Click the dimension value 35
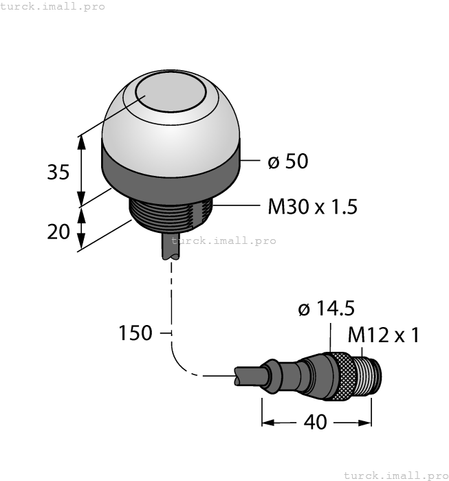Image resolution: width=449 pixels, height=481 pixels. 58,172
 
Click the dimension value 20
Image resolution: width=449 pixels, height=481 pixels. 58,232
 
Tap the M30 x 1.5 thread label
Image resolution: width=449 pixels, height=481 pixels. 312,206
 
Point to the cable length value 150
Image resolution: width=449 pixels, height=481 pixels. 135,333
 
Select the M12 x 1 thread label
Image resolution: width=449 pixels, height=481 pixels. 383,335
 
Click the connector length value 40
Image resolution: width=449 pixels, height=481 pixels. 316,422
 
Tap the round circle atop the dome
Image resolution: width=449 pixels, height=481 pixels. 171,94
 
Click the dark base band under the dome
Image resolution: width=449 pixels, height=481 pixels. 171,172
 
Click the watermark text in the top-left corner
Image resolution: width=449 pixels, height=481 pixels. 53,6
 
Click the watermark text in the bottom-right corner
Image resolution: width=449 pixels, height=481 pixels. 395,475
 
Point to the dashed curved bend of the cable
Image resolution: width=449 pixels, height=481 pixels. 182,364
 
